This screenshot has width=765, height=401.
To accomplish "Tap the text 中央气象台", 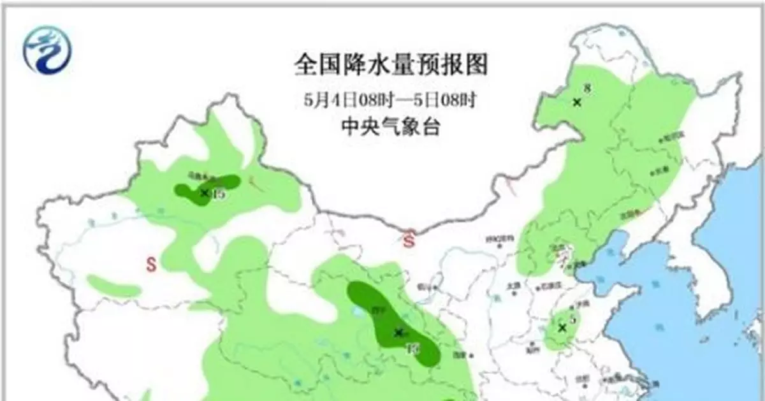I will point(390,128).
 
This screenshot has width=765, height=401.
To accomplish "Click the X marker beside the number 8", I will point(577,101).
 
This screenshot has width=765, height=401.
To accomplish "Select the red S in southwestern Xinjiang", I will point(152,264).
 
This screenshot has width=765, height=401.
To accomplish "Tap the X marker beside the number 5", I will point(562,328).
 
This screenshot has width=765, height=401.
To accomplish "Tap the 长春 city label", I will point(657,171).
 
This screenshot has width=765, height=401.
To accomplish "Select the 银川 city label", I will point(422,286).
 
